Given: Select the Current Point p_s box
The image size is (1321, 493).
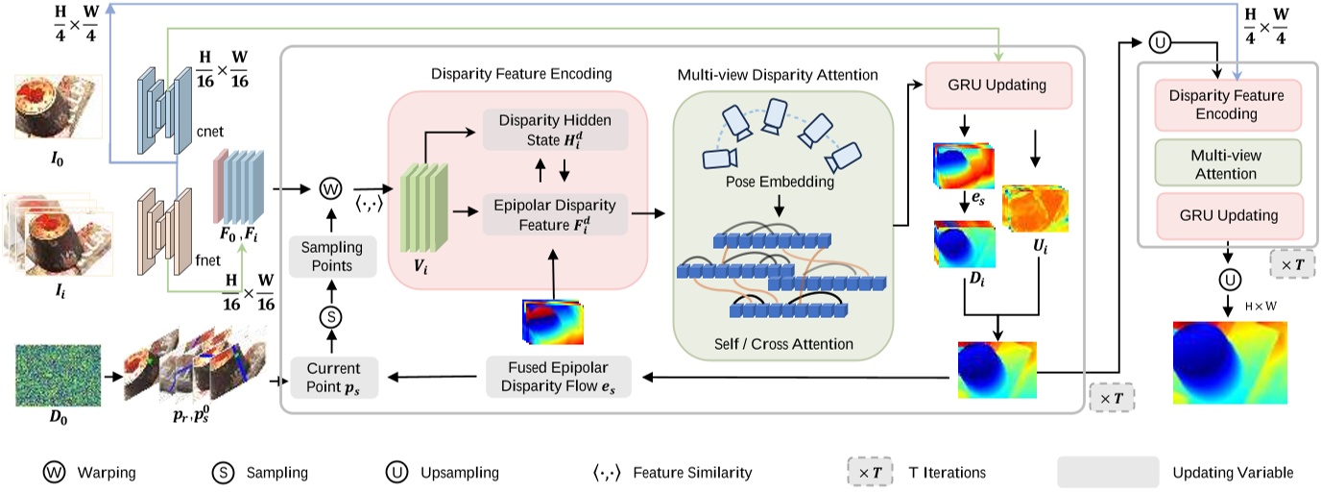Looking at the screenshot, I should pos(335,377).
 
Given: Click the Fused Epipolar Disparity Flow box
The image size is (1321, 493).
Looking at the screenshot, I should pos(559,376).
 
